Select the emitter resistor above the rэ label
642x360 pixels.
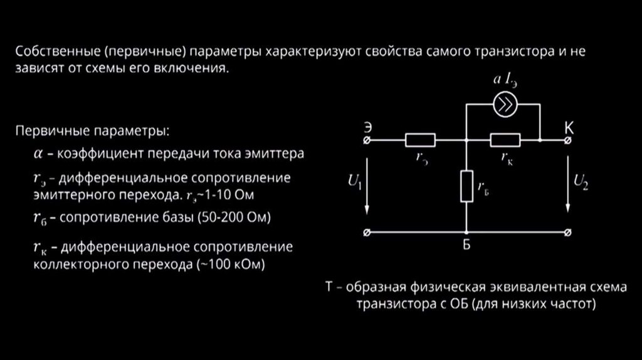420,140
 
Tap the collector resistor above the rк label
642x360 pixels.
505,140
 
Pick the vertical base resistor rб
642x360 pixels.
466,186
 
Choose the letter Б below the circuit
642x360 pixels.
466,246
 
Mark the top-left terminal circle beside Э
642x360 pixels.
367,140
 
